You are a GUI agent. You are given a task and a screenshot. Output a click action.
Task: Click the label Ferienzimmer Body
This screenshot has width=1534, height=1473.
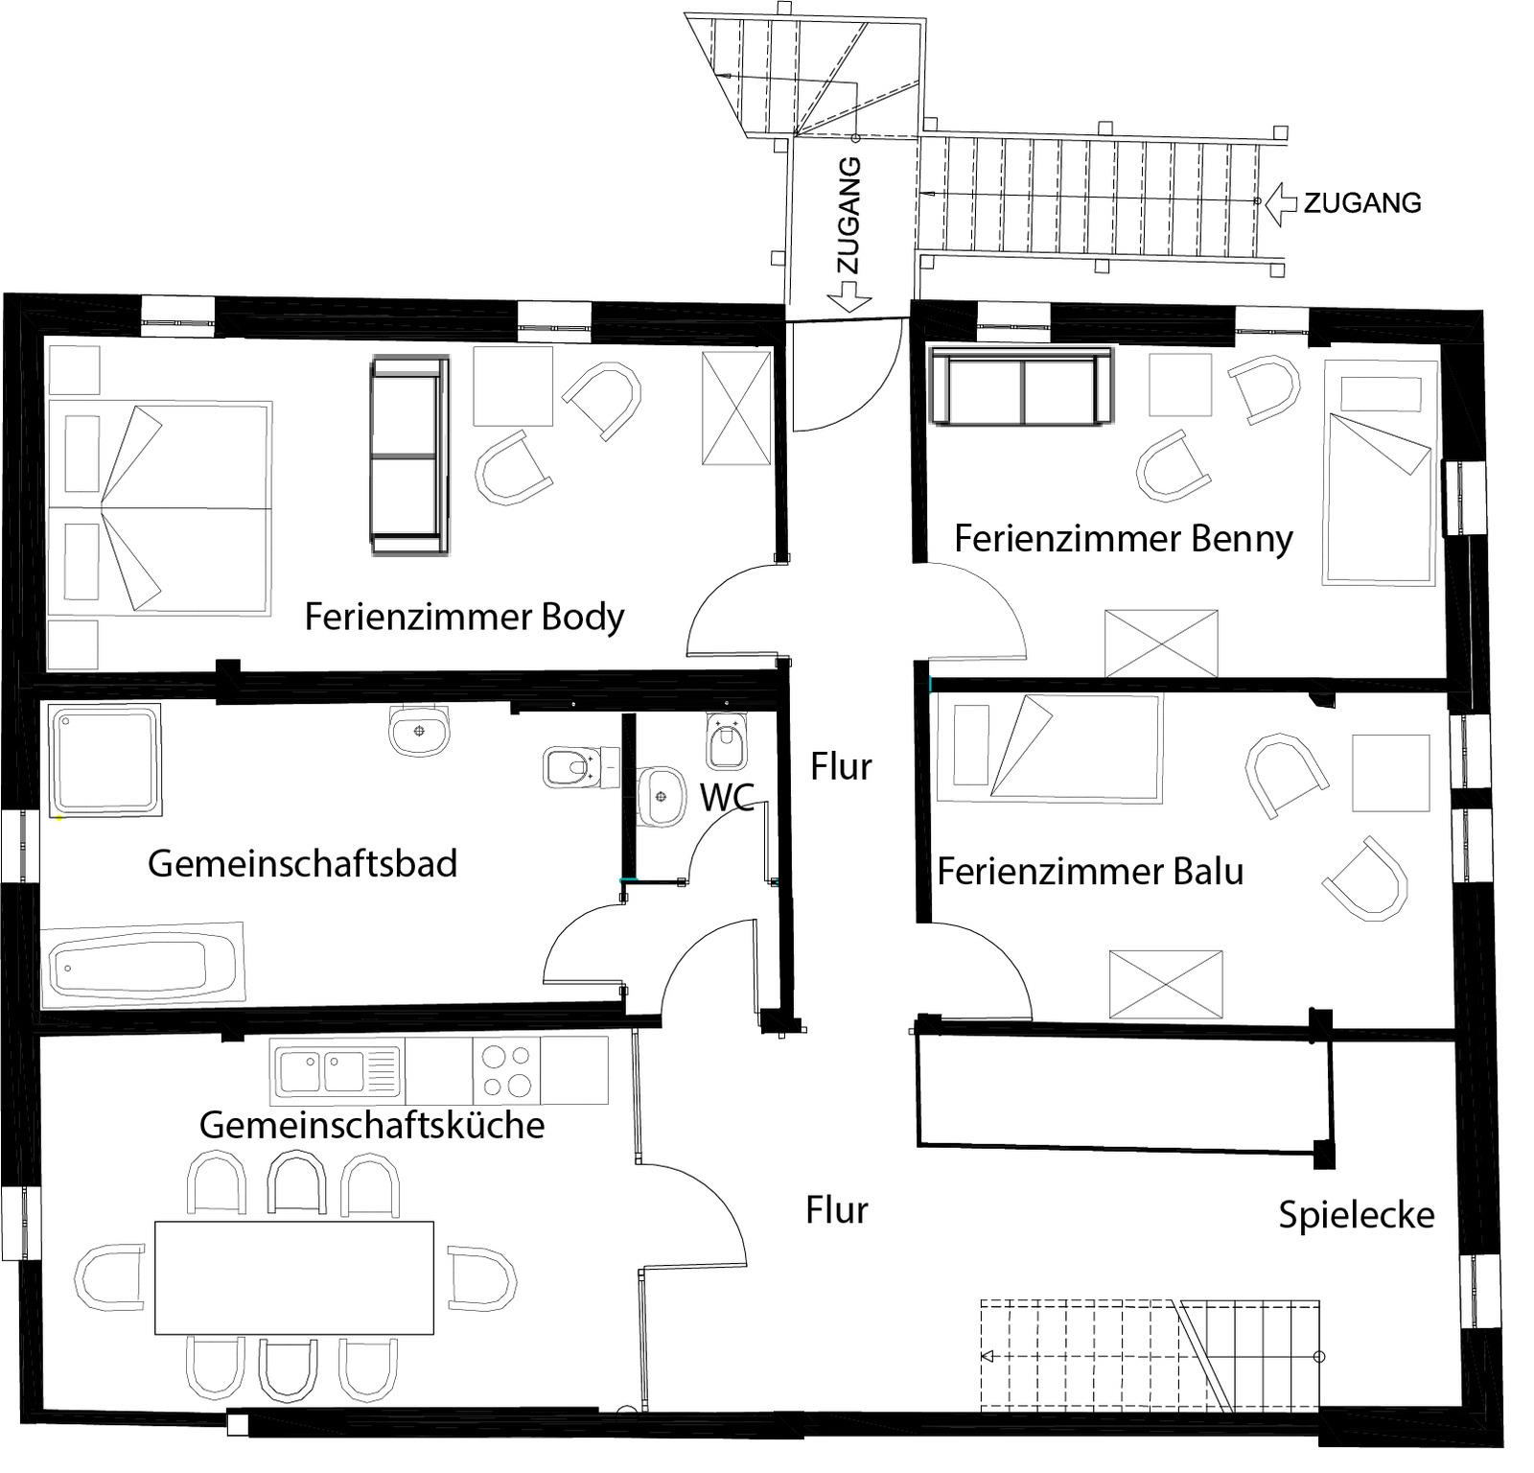click(464, 617)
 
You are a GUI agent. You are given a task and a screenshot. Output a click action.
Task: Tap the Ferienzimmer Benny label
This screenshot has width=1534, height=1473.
click(1124, 539)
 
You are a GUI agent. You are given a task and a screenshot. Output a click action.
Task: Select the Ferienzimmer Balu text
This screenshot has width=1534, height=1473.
click(1090, 872)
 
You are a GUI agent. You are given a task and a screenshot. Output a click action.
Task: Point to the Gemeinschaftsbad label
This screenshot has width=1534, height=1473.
click(302, 864)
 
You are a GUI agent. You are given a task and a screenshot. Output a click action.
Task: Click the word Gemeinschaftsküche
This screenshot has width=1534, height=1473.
click(372, 1125)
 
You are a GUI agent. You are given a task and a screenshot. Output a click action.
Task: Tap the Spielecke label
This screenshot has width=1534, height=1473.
click(1357, 1216)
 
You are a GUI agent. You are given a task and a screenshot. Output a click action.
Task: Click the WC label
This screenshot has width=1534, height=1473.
click(727, 797)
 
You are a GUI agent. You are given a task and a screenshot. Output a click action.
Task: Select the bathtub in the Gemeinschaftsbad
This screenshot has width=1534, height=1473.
click(143, 964)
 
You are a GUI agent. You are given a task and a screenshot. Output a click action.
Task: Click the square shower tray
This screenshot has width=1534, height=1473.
click(105, 760)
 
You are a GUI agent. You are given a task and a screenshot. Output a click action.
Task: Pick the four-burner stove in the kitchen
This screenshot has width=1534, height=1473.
click(506, 1070)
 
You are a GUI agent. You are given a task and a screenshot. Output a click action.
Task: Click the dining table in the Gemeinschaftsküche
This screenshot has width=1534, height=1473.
click(294, 1277)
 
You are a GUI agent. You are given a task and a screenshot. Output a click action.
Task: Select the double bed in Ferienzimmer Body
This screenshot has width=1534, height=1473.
click(159, 507)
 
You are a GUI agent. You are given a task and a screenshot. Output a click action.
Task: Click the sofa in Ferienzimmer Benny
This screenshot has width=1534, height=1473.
click(1022, 386)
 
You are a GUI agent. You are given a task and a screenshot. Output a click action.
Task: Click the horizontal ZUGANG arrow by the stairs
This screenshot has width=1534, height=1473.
click(1281, 202)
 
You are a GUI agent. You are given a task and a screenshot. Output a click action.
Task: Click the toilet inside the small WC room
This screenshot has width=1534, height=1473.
click(726, 741)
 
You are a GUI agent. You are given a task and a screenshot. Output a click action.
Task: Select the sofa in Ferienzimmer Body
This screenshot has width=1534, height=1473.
click(410, 456)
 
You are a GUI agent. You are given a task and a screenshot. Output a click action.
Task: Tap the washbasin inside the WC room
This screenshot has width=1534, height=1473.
click(660, 796)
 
